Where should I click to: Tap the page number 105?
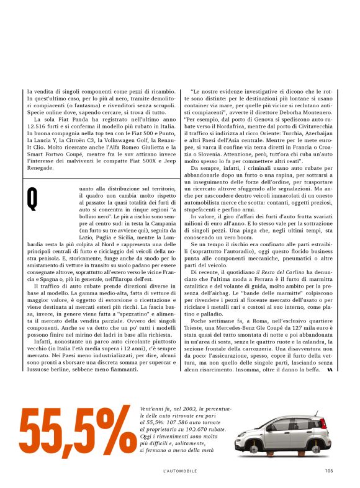pos(328,469)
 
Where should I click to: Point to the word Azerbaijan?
pos(318,135)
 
